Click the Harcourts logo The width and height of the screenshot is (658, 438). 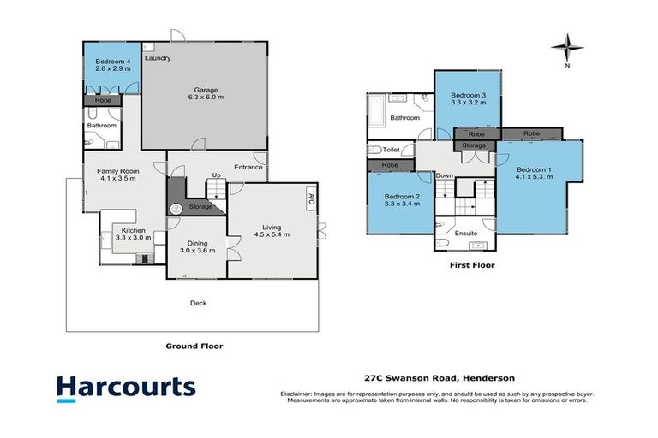(x=126, y=388)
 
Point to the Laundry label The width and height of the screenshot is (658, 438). (x=158, y=58)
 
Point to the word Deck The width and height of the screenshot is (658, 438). (x=198, y=302)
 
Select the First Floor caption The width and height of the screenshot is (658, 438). (x=472, y=265)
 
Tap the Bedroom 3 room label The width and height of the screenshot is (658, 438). (x=468, y=98)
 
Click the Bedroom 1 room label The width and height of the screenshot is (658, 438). (x=534, y=174)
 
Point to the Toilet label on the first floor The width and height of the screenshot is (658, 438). (x=392, y=150)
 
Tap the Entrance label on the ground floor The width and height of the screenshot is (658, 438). (x=248, y=168)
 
